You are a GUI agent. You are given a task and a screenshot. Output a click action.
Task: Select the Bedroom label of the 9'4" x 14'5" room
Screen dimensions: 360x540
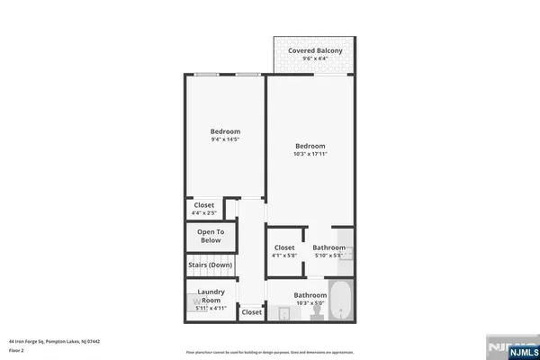225,131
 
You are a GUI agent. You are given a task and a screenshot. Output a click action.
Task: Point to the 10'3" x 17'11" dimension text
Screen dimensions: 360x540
310,154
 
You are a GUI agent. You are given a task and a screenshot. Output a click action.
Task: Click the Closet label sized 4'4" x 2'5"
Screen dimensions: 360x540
204,205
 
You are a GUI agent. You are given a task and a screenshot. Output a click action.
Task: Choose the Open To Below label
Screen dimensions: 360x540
210,236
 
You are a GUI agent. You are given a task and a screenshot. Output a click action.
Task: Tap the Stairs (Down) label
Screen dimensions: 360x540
210,265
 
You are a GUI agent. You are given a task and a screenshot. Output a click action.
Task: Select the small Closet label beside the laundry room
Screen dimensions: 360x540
251,312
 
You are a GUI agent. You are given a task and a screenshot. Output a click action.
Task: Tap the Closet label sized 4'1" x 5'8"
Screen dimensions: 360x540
284,247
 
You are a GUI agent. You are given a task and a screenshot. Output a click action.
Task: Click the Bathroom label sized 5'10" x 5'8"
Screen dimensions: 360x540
328,247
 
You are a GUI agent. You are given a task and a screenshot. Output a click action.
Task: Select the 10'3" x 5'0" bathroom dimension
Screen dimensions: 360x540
310,303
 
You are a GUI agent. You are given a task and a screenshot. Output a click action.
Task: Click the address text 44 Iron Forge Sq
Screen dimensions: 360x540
54,342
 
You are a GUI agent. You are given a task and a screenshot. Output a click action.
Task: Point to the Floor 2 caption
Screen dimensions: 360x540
17,350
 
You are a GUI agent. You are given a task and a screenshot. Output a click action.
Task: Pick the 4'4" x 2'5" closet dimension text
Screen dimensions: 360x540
204,213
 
